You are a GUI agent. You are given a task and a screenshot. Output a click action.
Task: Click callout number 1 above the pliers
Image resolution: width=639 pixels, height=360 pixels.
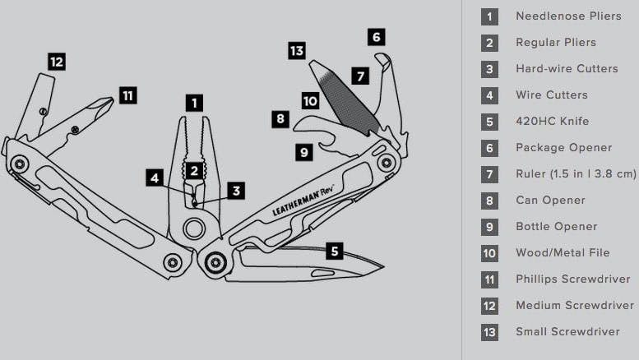pyautogui.click(x=193, y=104)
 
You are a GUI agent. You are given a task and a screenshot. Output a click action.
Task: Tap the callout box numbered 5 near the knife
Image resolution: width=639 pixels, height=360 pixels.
pyautogui.click(x=334, y=250)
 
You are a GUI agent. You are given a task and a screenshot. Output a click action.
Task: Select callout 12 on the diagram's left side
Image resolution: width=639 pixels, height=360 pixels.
pyautogui.click(x=56, y=62)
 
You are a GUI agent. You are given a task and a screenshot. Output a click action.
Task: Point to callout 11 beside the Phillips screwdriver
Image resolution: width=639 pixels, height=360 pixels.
pyautogui.click(x=127, y=95)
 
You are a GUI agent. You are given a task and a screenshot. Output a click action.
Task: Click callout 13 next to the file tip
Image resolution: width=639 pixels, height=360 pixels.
pyautogui.click(x=297, y=51)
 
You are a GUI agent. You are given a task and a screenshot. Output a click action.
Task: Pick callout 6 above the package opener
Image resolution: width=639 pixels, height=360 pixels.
pyautogui.click(x=376, y=37)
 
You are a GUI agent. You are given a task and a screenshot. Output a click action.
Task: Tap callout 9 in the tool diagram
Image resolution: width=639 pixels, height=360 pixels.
pyautogui.click(x=303, y=151)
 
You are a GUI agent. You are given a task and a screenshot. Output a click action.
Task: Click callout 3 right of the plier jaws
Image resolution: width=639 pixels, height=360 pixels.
pyautogui.click(x=236, y=190)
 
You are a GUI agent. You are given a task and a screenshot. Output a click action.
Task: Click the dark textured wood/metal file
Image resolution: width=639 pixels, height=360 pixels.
pyautogui.click(x=345, y=97)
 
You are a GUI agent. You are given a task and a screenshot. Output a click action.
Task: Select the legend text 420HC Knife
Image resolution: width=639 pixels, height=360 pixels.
pyautogui.click(x=552, y=121)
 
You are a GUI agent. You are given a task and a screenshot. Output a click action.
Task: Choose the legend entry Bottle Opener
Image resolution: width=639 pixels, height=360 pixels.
pyautogui.click(x=556, y=226)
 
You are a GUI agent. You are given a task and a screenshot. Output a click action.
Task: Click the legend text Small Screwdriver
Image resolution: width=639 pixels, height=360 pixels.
pyautogui.click(x=567, y=331)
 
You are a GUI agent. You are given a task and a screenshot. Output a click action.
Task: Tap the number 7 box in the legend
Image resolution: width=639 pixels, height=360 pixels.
pyautogui.click(x=489, y=174)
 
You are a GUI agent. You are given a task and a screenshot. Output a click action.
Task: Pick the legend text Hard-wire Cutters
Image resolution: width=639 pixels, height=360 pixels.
pyautogui.click(x=567, y=68)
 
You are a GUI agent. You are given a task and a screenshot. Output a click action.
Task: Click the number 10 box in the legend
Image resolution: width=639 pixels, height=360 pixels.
pyautogui.click(x=489, y=253)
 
